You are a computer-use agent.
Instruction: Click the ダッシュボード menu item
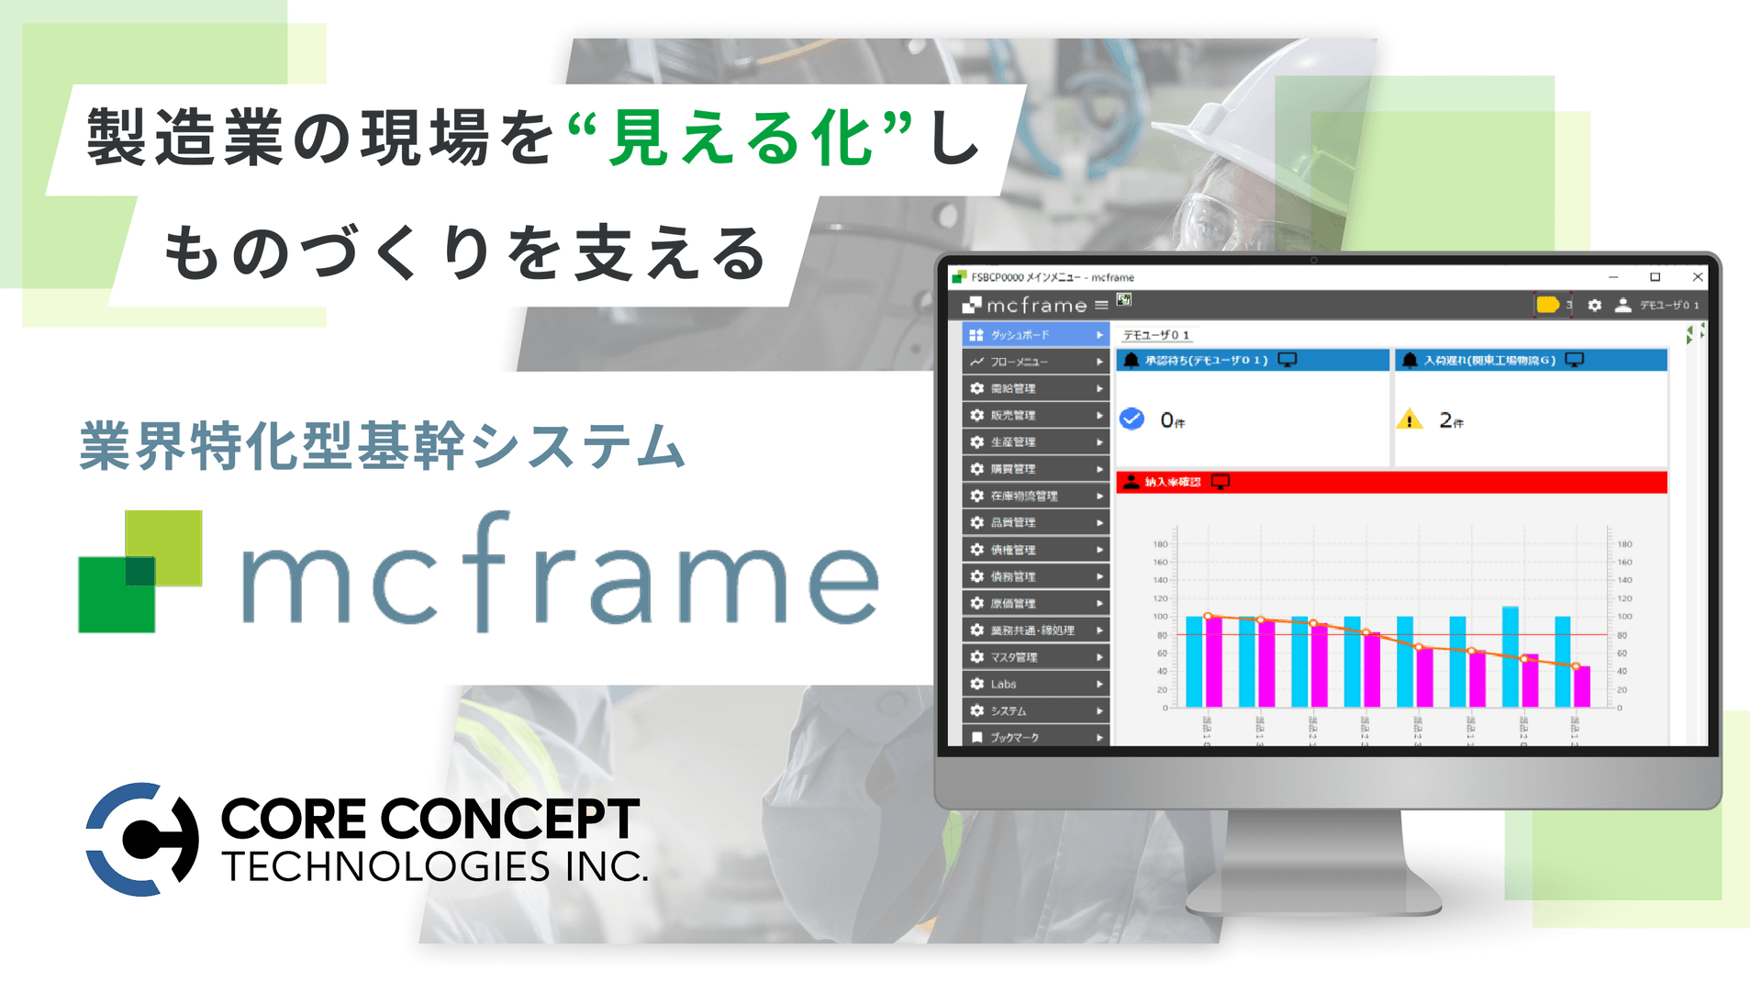pyautogui.click(x=1035, y=335)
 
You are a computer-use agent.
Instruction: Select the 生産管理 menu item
pyautogui.click(x=1035, y=442)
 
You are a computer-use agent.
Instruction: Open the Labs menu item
pyautogui.click(x=1035, y=684)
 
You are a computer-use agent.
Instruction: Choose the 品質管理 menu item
pyautogui.click(x=1035, y=522)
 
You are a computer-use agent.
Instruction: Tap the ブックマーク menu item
pyautogui.click(x=1035, y=737)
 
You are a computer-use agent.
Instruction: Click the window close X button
pyautogui.click(x=1698, y=277)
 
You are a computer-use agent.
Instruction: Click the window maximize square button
pyautogui.click(x=1655, y=277)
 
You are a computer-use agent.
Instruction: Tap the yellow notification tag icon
pyautogui.click(x=1547, y=305)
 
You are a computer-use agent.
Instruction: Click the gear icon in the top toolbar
pyautogui.click(x=1595, y=305)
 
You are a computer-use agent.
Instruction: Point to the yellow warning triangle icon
pyautogui.click(x=1409, y=420)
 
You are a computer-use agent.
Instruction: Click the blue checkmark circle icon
pyautogui.click(x=1132, y=419)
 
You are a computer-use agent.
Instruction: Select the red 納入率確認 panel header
pyautogui.click(x=1390, y=482)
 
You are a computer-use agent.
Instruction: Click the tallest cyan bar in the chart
pyautogui.click(x=1510, y=656)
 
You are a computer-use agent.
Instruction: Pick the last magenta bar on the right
pyautogui.click(x=1582, y=686)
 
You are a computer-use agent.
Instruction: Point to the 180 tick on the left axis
pyautogui.click(x=1161, y=544)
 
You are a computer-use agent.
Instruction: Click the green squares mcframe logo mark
pyautogui.click(x=140, y=571)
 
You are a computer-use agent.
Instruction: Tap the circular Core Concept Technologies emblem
pyautogui.click(x=142, y=839)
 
